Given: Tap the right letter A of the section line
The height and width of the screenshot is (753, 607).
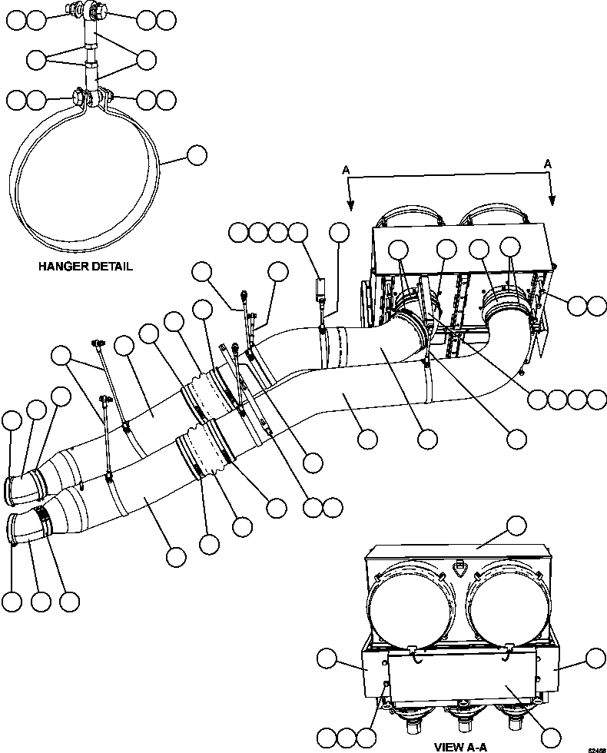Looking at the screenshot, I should point(549,164).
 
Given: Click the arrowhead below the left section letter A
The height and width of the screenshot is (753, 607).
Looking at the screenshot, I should point(350,204).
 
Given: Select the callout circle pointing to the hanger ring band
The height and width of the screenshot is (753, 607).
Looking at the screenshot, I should point(197,155).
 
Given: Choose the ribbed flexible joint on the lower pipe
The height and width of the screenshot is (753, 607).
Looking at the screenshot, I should point(201,457).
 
